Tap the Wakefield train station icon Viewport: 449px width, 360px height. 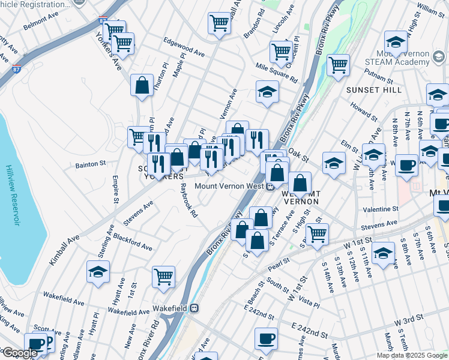click(x=194, y=308)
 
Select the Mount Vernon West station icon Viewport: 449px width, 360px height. click(x=271, y=187)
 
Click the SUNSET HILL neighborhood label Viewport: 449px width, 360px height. click(x=374, y=89)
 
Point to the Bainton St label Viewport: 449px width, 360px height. click(x=90, y=163)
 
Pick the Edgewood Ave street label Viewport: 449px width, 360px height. click(x=184, y=47)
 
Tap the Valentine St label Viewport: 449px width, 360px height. click(x=381, y=209)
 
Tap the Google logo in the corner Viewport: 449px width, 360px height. click(x=20, y=353)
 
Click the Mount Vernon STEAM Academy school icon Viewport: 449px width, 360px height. click(x=396, y=41)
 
